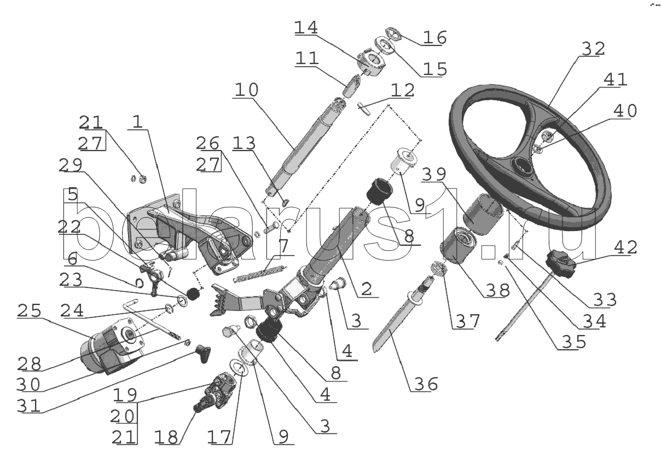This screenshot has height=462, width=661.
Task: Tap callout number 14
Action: coord(306,28)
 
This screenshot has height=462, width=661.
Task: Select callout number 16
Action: coord(434,38)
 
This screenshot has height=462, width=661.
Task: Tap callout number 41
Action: coord(614,80)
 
